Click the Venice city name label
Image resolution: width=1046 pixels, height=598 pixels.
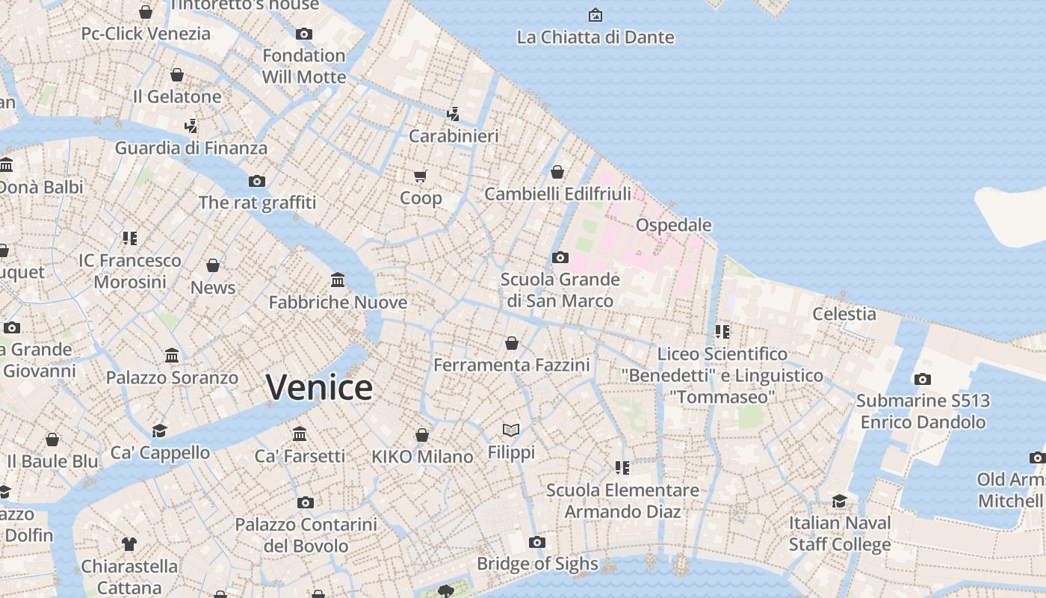[x=319, y=387]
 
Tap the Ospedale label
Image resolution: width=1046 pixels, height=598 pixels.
[x=673, y=225]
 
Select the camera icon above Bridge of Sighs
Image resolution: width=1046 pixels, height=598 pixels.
[x=536, y=543]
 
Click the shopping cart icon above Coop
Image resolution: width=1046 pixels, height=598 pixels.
[x=421, y=176]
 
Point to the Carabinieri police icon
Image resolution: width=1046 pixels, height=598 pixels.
[x=453, y=114]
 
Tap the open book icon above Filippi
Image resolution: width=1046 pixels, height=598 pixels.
[x=511, y=431]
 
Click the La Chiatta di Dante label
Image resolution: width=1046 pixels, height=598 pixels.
[x=595, y=37]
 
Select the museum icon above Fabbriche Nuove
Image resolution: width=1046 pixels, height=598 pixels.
[x=338, y=280]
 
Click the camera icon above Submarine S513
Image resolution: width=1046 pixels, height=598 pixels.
[x=923, y=379]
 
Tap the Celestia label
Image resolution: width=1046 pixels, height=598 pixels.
[x=844, y=314]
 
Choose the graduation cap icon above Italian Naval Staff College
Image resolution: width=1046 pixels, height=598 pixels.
[x=840, y=501]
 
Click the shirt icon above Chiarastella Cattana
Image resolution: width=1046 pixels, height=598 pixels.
[x=129, y=543]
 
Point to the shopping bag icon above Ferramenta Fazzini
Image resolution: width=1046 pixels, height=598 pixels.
[x=512, y=343]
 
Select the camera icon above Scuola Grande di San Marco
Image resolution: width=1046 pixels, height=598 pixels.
[x=560, y=258]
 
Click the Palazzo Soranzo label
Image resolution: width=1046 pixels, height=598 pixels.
[x=172, y=377]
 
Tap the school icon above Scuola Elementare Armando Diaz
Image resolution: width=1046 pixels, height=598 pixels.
[x=622, y=468]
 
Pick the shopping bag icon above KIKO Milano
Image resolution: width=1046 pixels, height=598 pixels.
[x=422, y=435]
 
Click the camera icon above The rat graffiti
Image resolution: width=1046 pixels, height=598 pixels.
[x=257, y=181]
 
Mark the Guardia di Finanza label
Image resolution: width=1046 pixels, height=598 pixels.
[x=191, y=148]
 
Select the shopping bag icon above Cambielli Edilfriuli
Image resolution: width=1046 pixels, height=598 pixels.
[x=557, y=173]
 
